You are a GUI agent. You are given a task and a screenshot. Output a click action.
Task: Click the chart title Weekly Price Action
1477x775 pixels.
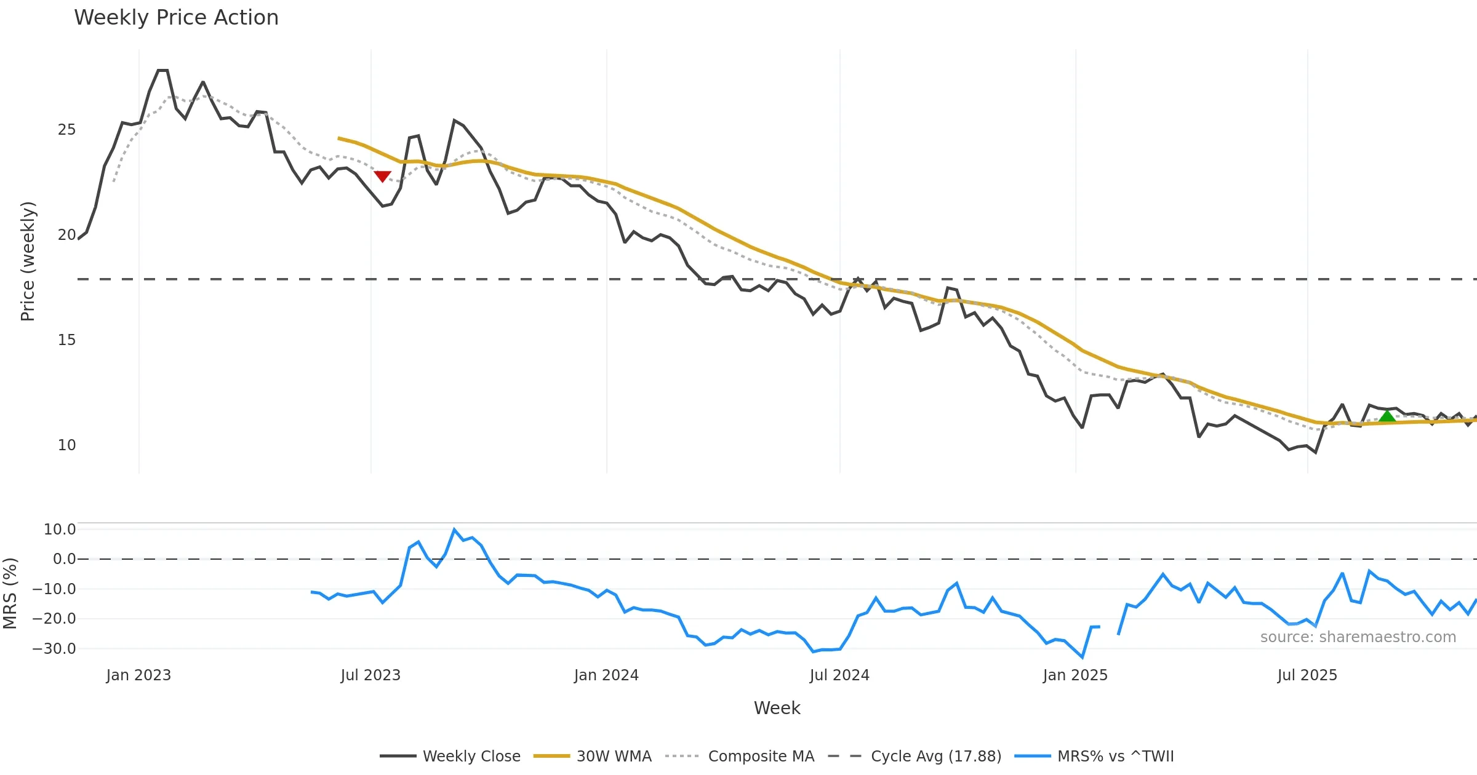tap(176, 18)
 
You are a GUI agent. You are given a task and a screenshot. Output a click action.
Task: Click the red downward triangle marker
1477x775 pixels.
tap(382, 177)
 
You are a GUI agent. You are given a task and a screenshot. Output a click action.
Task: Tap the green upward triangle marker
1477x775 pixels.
tap(1387, 416)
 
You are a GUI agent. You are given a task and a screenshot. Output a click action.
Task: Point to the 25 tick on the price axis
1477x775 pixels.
tap(66, 130)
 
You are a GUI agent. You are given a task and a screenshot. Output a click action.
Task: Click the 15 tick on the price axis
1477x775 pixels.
tap(66, 340)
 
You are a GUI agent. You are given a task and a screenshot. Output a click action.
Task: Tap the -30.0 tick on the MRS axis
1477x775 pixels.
tap(54, 649)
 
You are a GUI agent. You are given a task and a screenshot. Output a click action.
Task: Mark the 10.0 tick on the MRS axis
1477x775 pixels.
tap(60, 530)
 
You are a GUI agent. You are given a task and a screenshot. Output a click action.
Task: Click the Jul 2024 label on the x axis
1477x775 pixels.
tap(839, 675)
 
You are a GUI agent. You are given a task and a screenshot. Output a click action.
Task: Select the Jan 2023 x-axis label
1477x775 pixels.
tap(138, 675)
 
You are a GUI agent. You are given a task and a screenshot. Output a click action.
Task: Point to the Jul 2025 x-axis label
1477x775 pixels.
tap(1307, 675)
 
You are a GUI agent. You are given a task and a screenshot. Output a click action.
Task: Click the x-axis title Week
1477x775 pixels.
tap(777, 708)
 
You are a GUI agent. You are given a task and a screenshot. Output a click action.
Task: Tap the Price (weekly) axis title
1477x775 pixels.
tap(28, 261)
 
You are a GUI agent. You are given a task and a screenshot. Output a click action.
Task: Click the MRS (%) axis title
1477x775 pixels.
tap(10, 594)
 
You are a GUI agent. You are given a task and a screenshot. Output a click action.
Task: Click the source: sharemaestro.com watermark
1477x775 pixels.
tap(1358, 637)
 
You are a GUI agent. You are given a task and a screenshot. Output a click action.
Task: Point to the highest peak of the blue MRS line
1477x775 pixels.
tap(454, 530)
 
